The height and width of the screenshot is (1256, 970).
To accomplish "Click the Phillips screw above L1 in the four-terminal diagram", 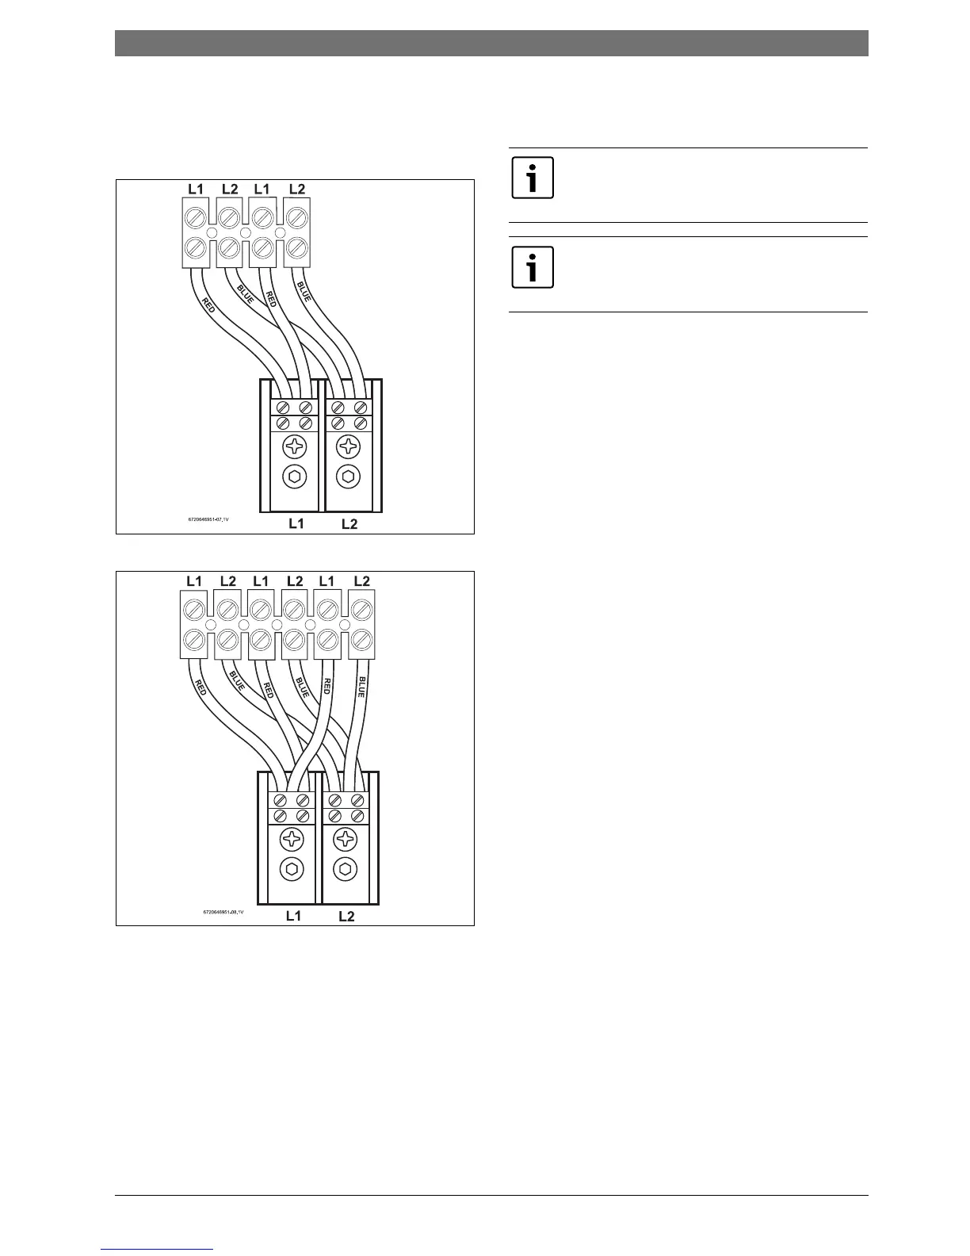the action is pos(296,446).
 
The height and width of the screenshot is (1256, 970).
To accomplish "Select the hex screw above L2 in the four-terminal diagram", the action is pos(348,477).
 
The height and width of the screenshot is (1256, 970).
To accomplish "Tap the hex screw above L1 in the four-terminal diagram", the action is pos(296,477).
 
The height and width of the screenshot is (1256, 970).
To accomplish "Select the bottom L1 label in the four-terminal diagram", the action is pos(296,524).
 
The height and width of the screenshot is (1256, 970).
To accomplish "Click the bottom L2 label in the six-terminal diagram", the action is pos(346,917).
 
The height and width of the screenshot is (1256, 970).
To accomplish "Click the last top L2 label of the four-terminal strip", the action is pos(297,189).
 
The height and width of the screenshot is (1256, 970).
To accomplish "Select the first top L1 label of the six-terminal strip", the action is pos(194,581).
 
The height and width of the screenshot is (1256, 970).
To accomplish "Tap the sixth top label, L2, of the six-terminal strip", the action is pos(361,581).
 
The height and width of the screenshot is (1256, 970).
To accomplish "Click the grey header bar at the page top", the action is pos(491,43).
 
